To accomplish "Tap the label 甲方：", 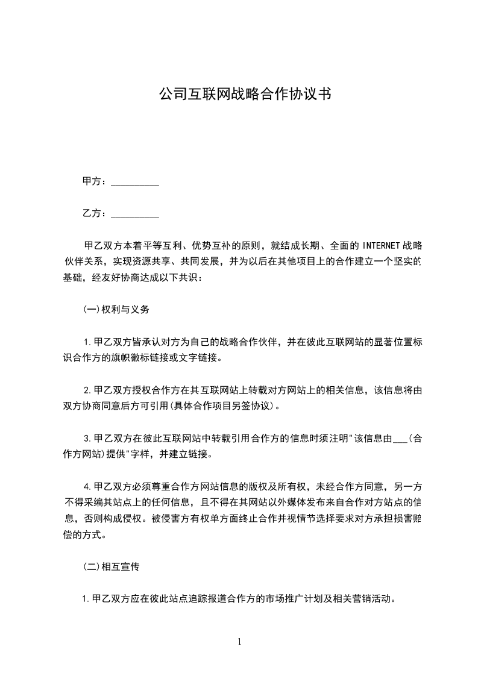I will point(95,181).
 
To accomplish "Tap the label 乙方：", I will point(95,213).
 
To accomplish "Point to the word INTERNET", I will point(380,246).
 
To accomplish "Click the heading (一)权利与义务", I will point(116,310).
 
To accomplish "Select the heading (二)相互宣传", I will point(112,567).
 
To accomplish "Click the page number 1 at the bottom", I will point(239,642).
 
